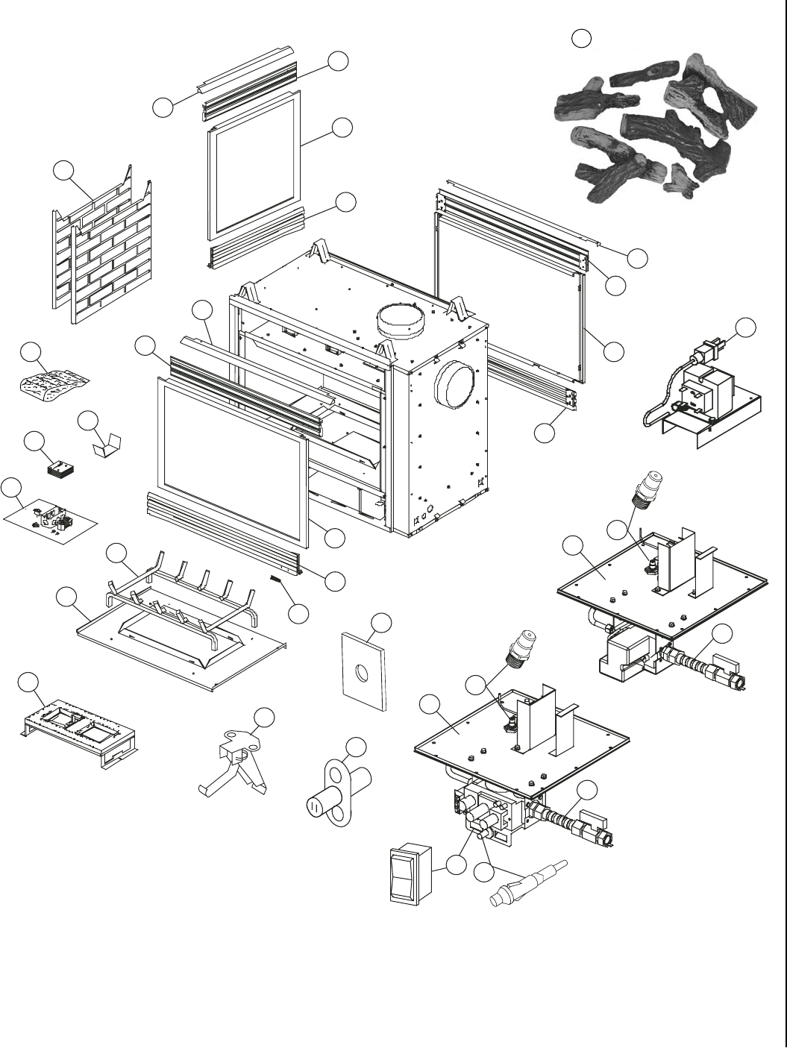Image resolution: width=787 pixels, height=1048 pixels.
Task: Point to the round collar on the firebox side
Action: tap(452, 383)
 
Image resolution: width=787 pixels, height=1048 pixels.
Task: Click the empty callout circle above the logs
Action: tap(582, 38)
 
